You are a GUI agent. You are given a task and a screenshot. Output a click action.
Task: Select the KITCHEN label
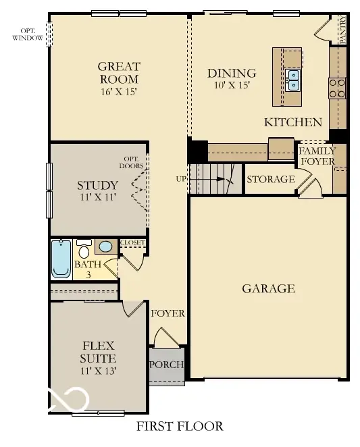click(292, 122)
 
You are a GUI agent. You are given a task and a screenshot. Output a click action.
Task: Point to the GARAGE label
click(268, 289)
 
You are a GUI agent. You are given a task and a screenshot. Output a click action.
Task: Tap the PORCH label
click(167, 365)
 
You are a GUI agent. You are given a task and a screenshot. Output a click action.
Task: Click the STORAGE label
click(270, 180)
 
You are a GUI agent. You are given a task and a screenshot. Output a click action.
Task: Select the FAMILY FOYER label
click(317, 156)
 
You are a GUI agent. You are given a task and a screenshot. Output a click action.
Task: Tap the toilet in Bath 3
click(84, 248)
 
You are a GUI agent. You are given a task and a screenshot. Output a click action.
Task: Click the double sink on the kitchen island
click(293, 80)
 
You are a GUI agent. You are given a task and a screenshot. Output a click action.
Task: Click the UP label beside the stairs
click(181, 179)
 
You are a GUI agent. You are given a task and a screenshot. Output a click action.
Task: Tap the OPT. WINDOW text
click(28, 34)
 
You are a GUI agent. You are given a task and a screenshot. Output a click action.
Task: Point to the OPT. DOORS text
click(131, 161)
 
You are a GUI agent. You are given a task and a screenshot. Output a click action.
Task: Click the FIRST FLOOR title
click(179, 427)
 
